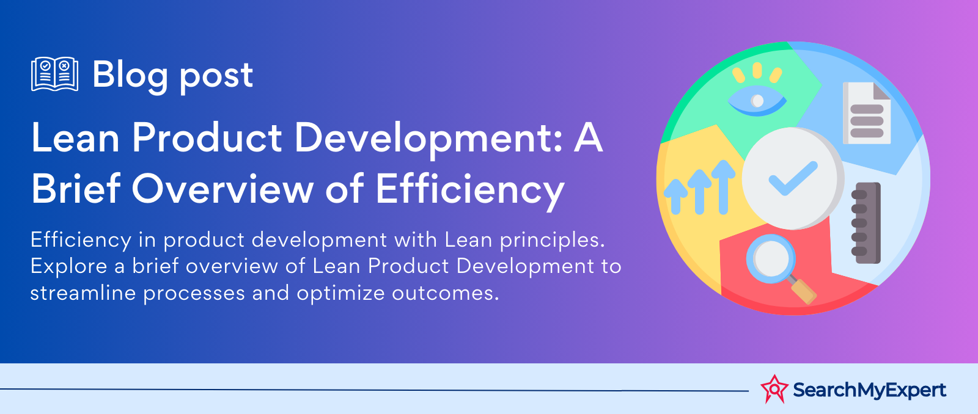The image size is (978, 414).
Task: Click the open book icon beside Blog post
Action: pyautogui.click(x=55, y=74)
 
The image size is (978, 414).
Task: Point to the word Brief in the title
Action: pyautogui.click(x=76, y=189)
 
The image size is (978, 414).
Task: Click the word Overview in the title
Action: pyautogui.click(x=222, y=189)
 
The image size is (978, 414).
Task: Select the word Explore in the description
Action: pyautogui.click(x=68, y=267)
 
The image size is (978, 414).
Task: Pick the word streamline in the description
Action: pyautogui.click(x=83, y=292)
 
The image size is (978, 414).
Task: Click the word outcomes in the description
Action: pyautogui.click(x=446, y=293)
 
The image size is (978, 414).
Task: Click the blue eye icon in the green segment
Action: pyautogui.click(x=757, y=100)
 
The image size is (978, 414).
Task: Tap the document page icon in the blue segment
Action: pyautogui.click(x=866, y=113)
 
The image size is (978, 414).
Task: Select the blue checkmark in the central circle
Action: pyautogui.click(x=793, y=178)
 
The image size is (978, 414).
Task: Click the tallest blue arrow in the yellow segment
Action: pyautogui.click(x=723, y=187)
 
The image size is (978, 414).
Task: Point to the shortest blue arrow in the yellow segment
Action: pyautogui.click(x=675, y=197)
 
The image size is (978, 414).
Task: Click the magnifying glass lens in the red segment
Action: pyautogui.click(x=771, y=258)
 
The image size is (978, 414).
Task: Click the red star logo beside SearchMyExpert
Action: pyautogui.click(x=774, y=389)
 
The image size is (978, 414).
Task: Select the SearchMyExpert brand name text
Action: pyautogui.click(x=869, y=390)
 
